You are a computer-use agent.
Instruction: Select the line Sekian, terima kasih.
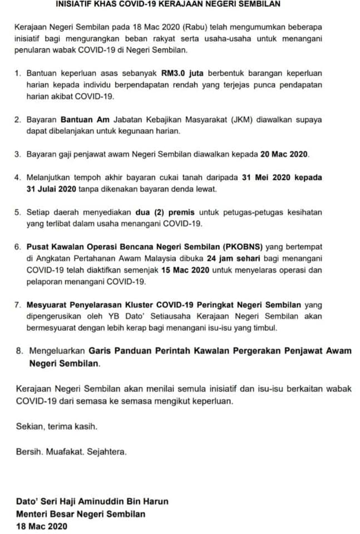point(57,427)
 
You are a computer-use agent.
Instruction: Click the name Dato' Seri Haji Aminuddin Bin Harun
point(92,501)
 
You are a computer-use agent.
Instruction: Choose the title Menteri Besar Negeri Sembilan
point(81,513)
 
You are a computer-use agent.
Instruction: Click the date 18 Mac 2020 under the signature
point(41,526)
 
